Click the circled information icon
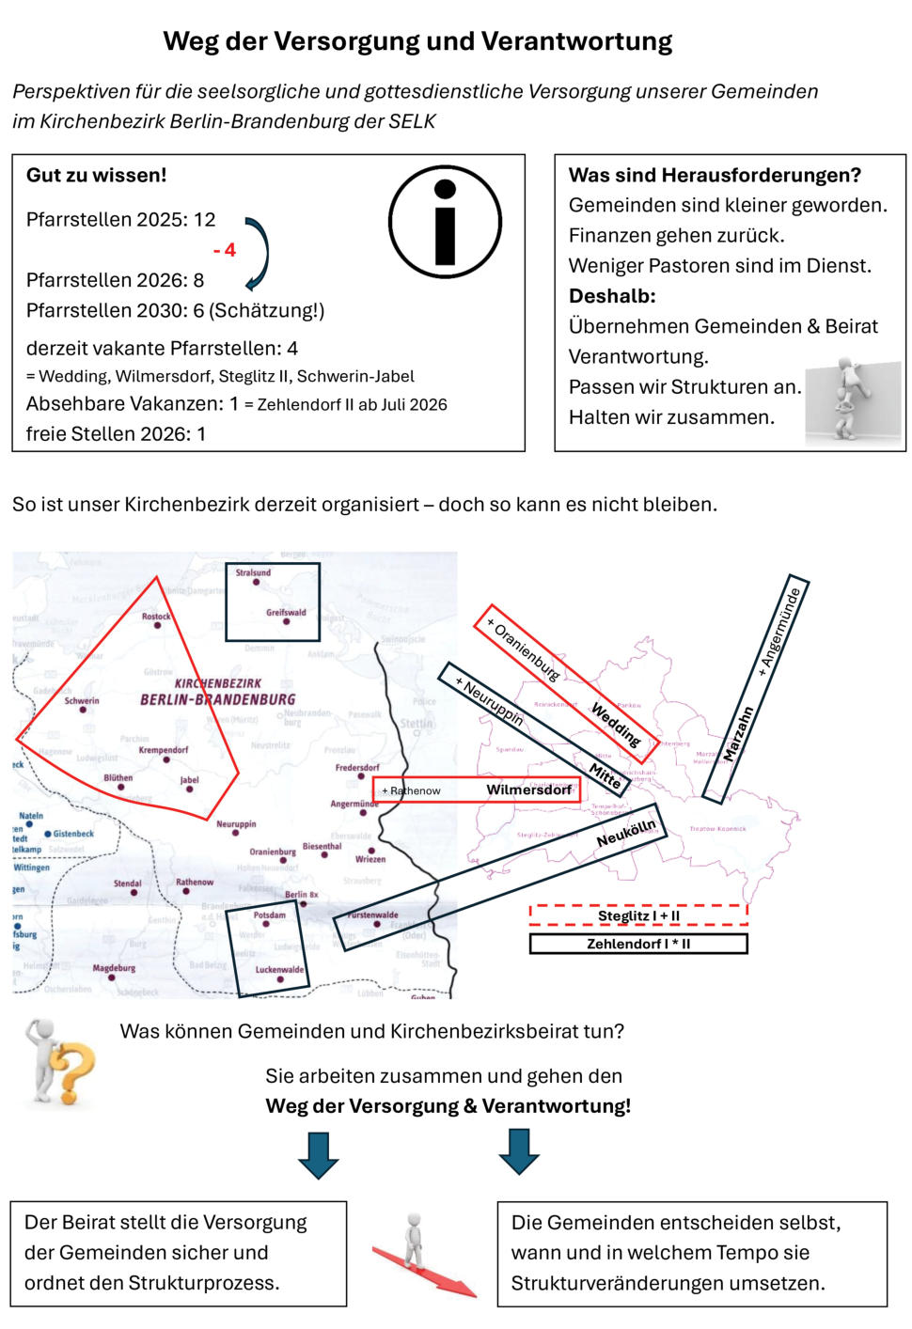[x=445, y=222]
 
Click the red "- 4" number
[x=225, y=250]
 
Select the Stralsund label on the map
[x=253, y=572]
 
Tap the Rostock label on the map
[x=156, y=617]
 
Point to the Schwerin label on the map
[x=82, y=700]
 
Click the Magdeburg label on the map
[x=114, y=967]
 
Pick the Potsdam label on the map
[x=270, y=915]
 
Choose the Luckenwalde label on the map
[x=279, y=969]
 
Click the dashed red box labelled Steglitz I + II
[x=638, y=915]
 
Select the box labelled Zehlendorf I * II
[x=638, y=944]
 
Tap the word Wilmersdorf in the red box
[x=528, y=790]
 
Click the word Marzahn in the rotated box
[x=739, y=733]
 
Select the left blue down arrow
[x=318, y=1155]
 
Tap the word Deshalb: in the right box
[x=612, y=296]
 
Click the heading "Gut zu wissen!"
[x=96, y=175]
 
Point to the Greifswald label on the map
[x=286, y=612]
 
